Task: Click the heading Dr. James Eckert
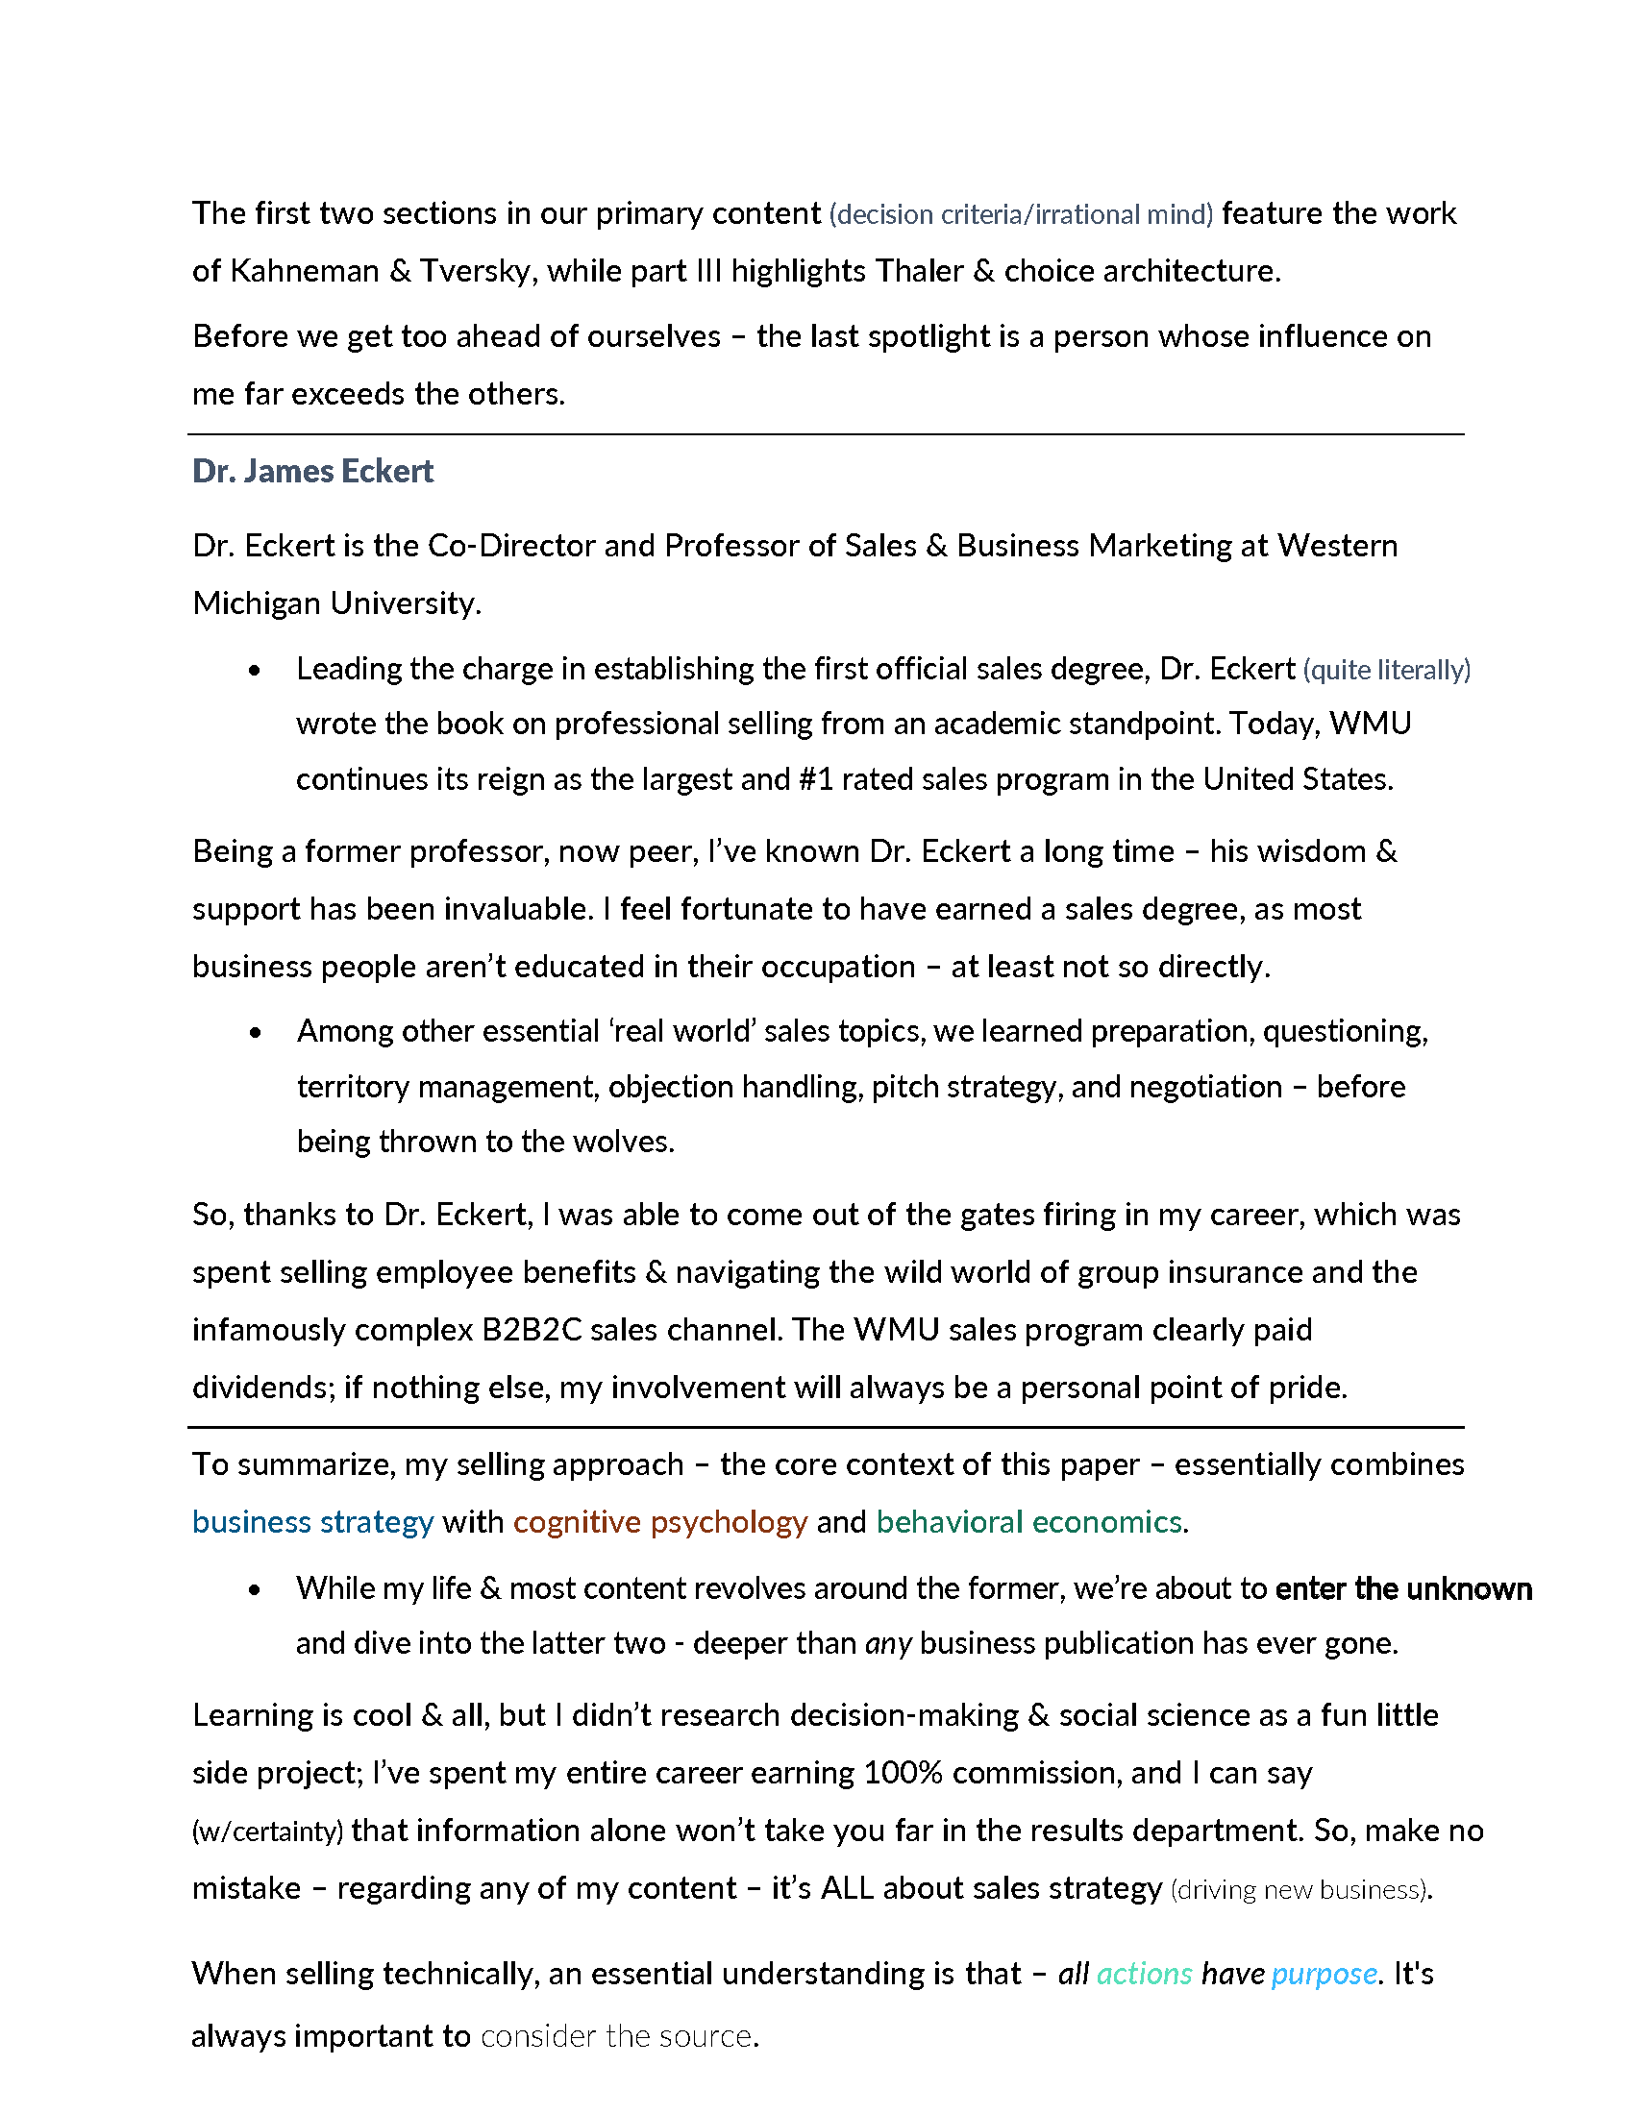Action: click(312, 472)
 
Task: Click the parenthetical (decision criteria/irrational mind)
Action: click(1020, 214)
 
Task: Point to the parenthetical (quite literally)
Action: click(1386, 670)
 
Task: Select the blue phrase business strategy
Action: click(312, 1522)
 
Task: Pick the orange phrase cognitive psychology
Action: click(659, 1522)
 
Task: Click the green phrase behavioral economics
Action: click(1029, 1522)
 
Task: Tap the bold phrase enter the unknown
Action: click(1402, 1588)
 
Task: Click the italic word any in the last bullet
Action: click(888, 1643)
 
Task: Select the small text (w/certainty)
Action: click(267, 1831)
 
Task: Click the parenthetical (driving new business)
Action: click(1300, 1889)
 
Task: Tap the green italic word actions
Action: click(1143, 1974)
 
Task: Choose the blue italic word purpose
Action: click(1324, 1974)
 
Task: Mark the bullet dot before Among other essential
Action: click(255, 1033)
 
